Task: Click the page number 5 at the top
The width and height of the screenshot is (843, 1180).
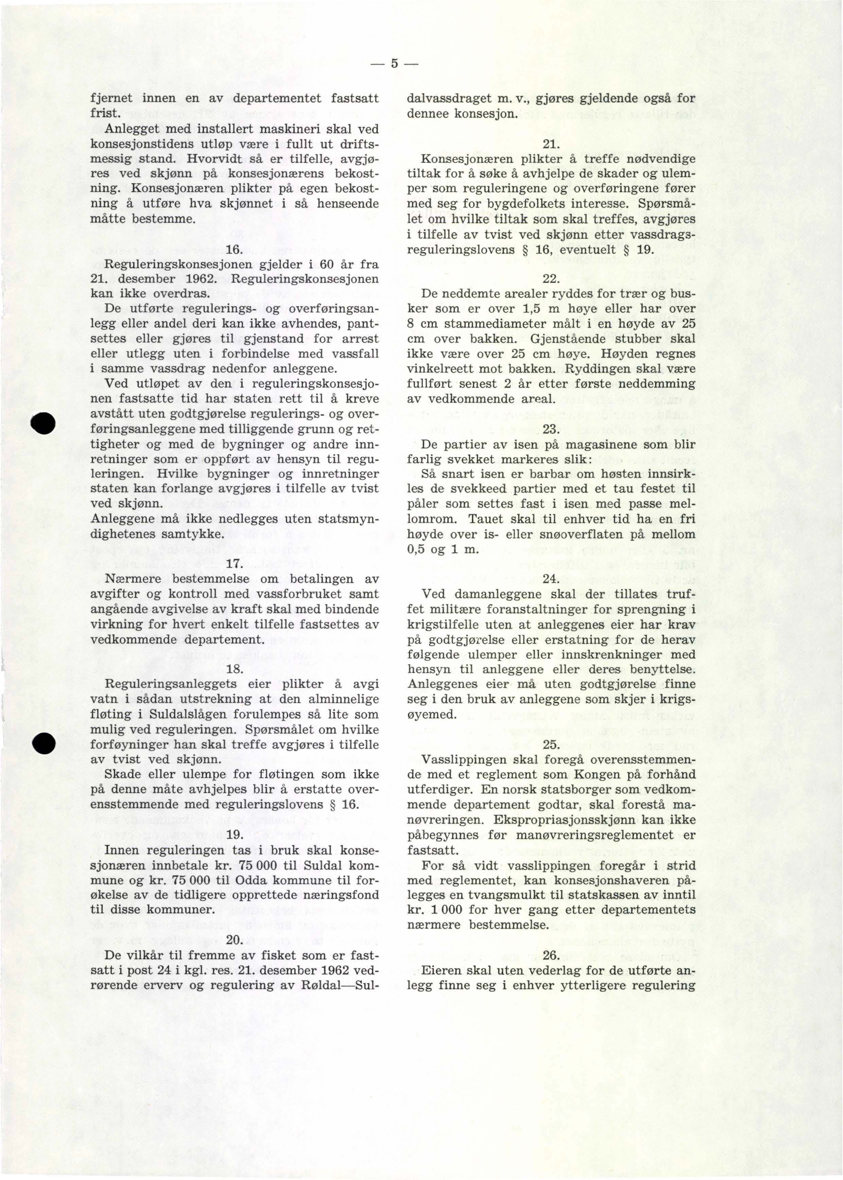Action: click(x=395, y=64)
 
